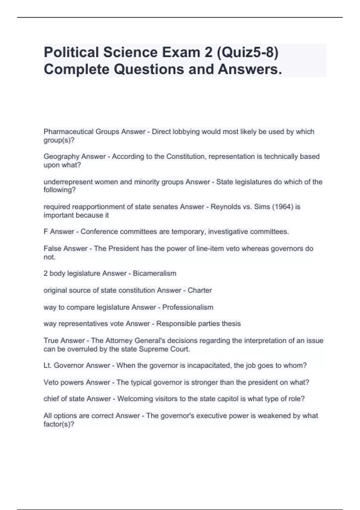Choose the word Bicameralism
click(x=154, y=273)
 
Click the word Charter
click(x=200, y=290)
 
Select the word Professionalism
click(x=188, y=307)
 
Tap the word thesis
click(x=231, y=324)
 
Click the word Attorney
click(x=119, y=340)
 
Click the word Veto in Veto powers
click(x=50, y=382)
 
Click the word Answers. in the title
click(x=250, y=69)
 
